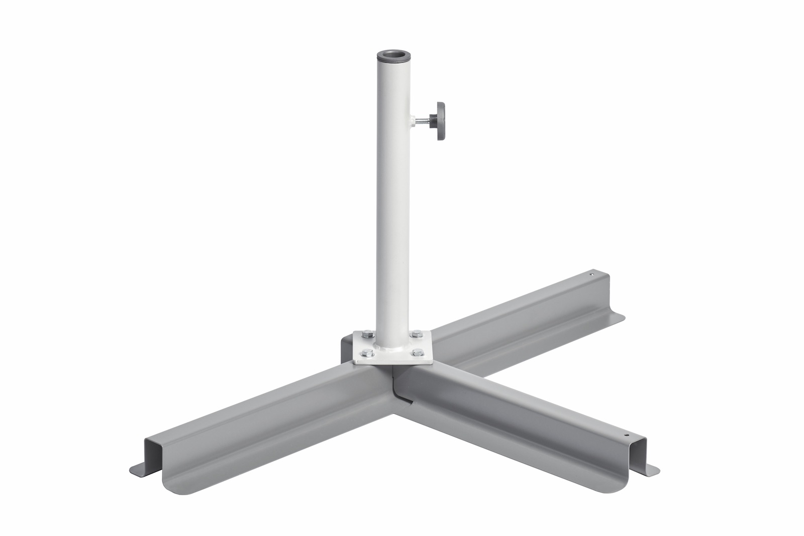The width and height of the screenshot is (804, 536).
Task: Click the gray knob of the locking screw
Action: pyautogui.click(x=441, y=121)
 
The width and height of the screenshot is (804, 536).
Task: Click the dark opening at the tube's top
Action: pyautogui.click(x=393, y=53)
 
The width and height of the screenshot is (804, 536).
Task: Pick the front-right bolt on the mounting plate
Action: pyautogui.click(x=416, y=352)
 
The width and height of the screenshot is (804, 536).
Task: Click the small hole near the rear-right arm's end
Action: pyautogui.click(x=591, y=275)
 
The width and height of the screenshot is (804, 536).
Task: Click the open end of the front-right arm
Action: pyautogui.click(x=637, y=455)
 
